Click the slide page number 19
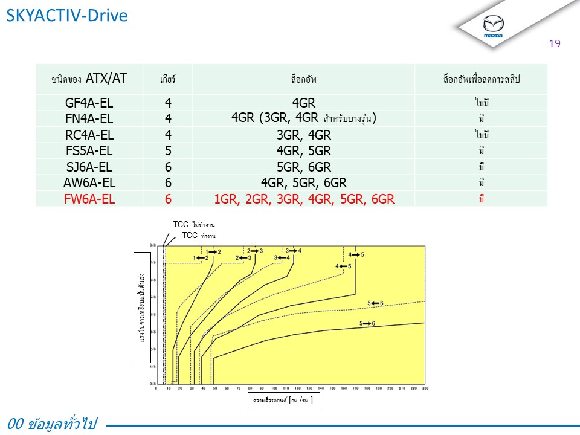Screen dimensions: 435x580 555,43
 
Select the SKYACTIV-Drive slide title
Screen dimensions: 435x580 67,16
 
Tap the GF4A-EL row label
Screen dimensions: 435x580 89,103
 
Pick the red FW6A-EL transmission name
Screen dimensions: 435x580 89,198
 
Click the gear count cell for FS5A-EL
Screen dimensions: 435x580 168,150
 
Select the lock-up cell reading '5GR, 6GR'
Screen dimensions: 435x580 303,167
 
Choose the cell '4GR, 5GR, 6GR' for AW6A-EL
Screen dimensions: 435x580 303,182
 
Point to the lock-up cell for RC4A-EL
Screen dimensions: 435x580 303,135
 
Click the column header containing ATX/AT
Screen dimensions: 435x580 89,79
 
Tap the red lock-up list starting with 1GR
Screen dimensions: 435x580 303,198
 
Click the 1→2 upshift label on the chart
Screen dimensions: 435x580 214,251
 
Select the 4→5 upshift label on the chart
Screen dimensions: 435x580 356,255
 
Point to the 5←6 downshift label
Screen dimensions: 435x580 375,303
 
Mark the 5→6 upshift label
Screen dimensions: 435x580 367,324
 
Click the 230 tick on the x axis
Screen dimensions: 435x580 425,388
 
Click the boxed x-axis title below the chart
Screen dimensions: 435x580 283,401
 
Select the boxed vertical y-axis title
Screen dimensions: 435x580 142,306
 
